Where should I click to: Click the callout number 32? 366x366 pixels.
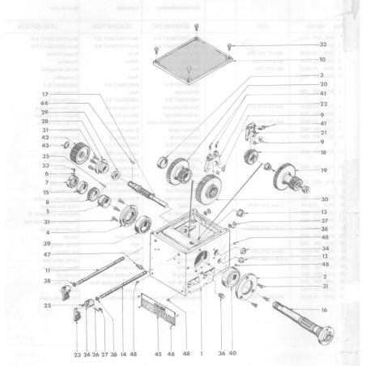[x=322, y=44]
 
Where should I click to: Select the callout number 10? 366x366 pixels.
[x=322, y=59]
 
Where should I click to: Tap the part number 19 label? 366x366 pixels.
[x=323, y=171]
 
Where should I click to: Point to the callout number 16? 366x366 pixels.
[x=323, y=310]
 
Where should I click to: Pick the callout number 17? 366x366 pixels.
[x=45, y=95]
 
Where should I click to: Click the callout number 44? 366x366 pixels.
[x=45, y=104]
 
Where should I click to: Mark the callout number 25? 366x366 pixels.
[x=48, y=305]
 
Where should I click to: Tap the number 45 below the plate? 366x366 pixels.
[x=158, y=354]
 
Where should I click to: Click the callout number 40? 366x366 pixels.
[x=232, y=354]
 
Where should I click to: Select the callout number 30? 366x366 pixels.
[x=323, y=199]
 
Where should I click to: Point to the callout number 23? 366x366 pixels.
[x=76, y=354]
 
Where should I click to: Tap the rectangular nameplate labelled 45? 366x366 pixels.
[x=158, y=311]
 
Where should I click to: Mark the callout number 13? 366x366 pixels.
[x=323, y=210]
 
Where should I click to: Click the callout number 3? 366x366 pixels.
[x=323, y=74]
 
